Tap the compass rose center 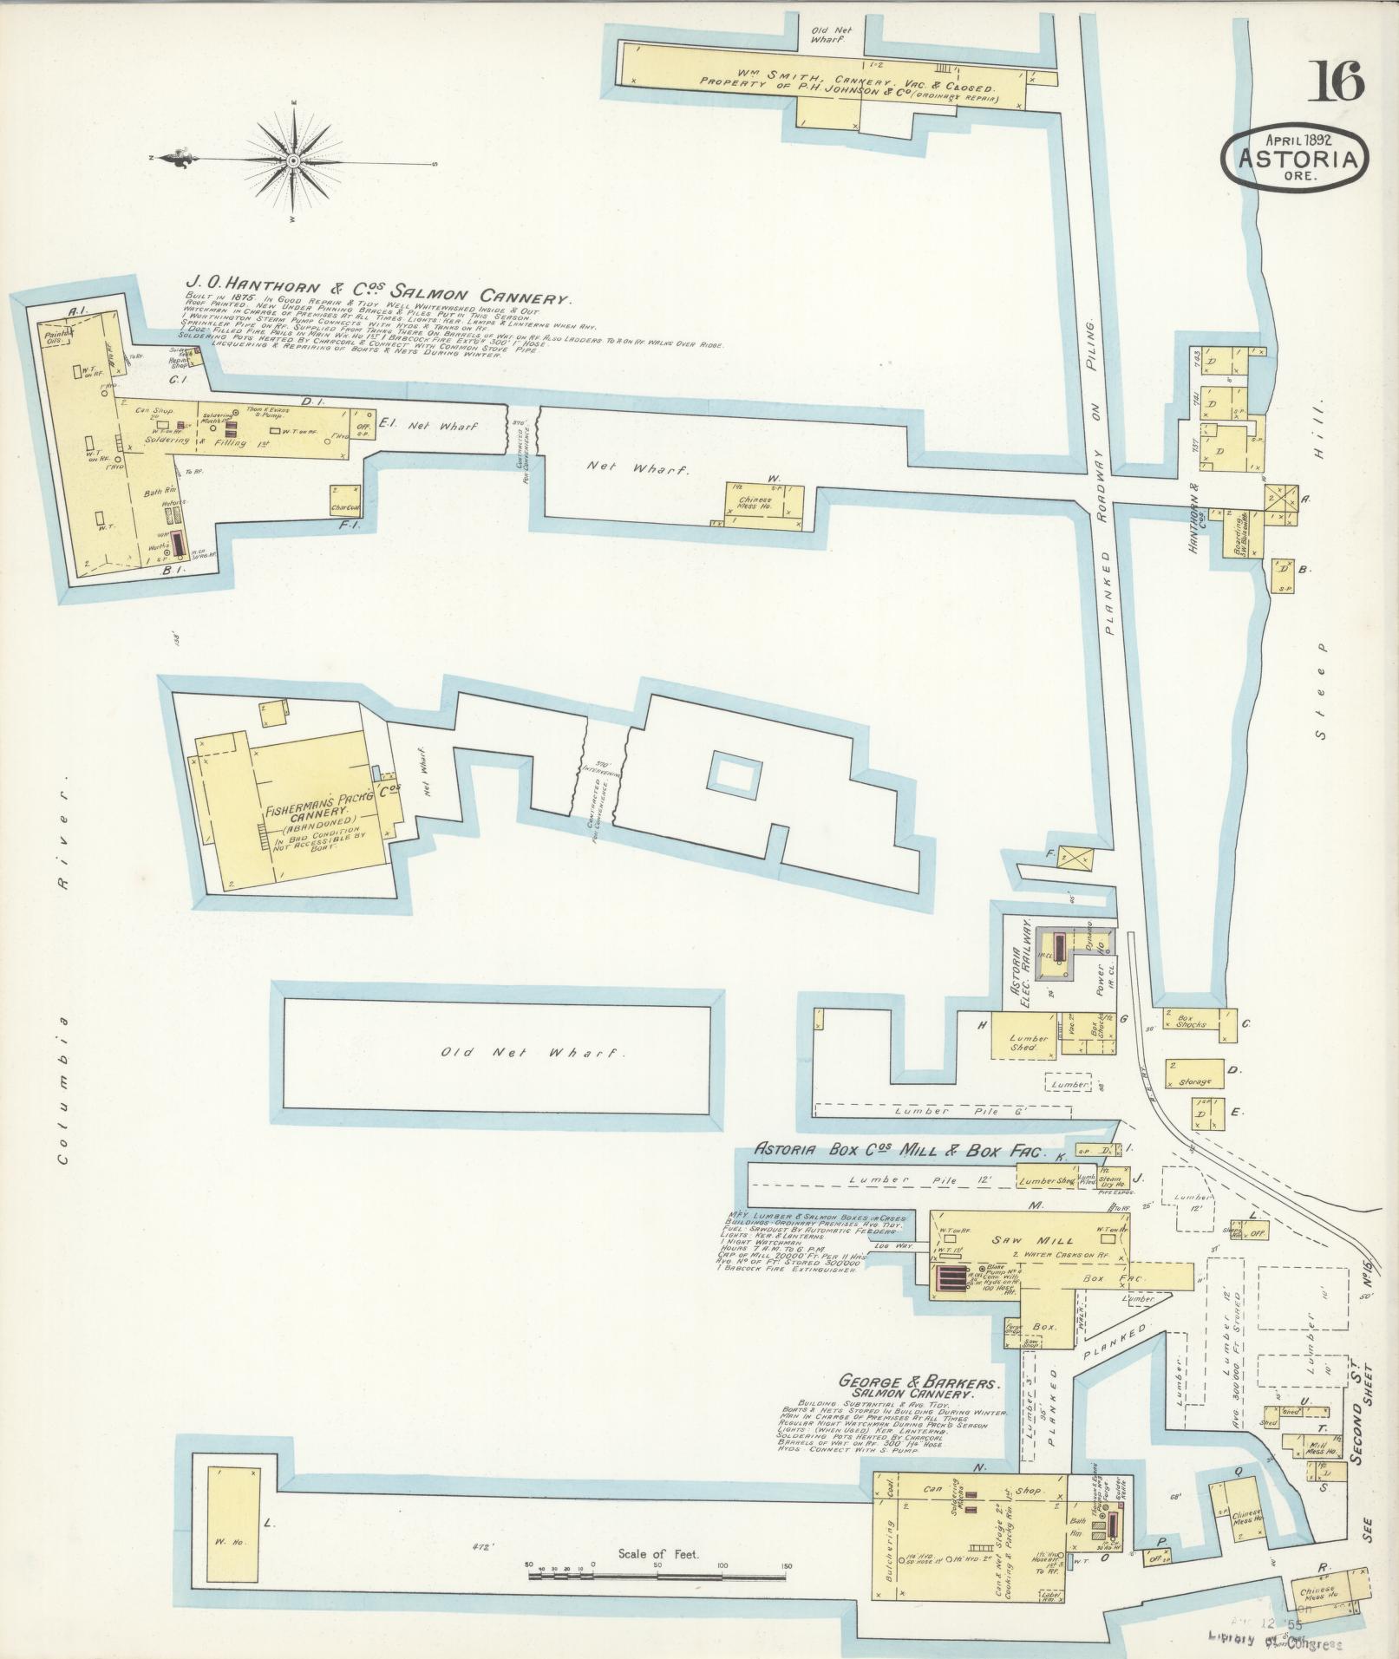point(294,161)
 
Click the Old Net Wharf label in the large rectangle point(533,1053)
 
